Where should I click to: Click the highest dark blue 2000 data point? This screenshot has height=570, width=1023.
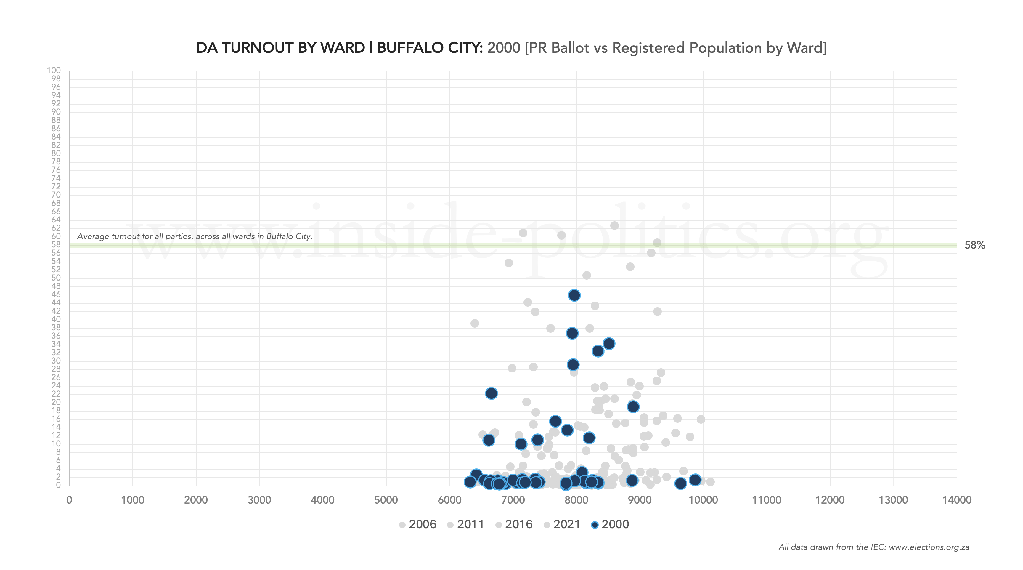574,295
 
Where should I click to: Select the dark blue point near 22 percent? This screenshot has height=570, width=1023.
491,393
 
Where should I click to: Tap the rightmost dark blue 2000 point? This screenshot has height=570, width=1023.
695,480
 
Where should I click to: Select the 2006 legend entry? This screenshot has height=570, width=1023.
418,524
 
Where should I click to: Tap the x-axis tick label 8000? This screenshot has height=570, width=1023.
576,500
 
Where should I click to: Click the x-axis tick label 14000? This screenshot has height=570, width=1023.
957,500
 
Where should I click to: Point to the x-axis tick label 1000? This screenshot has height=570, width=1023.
133,500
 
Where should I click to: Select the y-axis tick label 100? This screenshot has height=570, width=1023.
54,70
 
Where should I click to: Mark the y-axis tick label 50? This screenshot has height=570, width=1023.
56,278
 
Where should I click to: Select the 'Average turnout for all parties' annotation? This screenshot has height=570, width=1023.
195,236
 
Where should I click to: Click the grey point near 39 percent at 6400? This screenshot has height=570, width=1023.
475,323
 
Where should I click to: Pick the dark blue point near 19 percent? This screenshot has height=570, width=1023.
633,406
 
